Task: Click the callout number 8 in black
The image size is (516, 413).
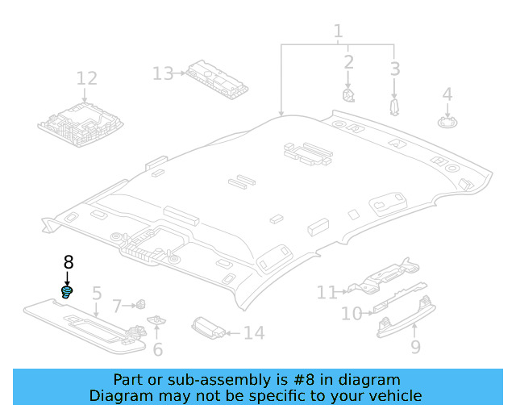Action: (69, 262)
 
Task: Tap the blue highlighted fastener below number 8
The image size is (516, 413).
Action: (68, 290)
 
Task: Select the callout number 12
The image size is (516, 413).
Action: (87, 78)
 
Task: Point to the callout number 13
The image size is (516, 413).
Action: (163, 74)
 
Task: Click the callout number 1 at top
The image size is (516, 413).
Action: (338, 32)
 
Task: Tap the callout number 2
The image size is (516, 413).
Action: (348, 61)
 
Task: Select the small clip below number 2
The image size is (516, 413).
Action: (349, 95)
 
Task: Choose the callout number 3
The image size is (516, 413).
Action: (394, 69)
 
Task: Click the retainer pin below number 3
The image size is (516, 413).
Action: (393, 107)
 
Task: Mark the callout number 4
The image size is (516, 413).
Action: (447, 94)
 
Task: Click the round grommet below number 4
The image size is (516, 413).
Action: (447, 122)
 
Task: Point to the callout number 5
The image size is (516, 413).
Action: (96, 294)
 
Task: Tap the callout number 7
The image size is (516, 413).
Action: (117, 306)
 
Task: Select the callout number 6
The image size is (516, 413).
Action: (158, 348)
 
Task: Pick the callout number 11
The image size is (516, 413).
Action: (327, 292)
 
